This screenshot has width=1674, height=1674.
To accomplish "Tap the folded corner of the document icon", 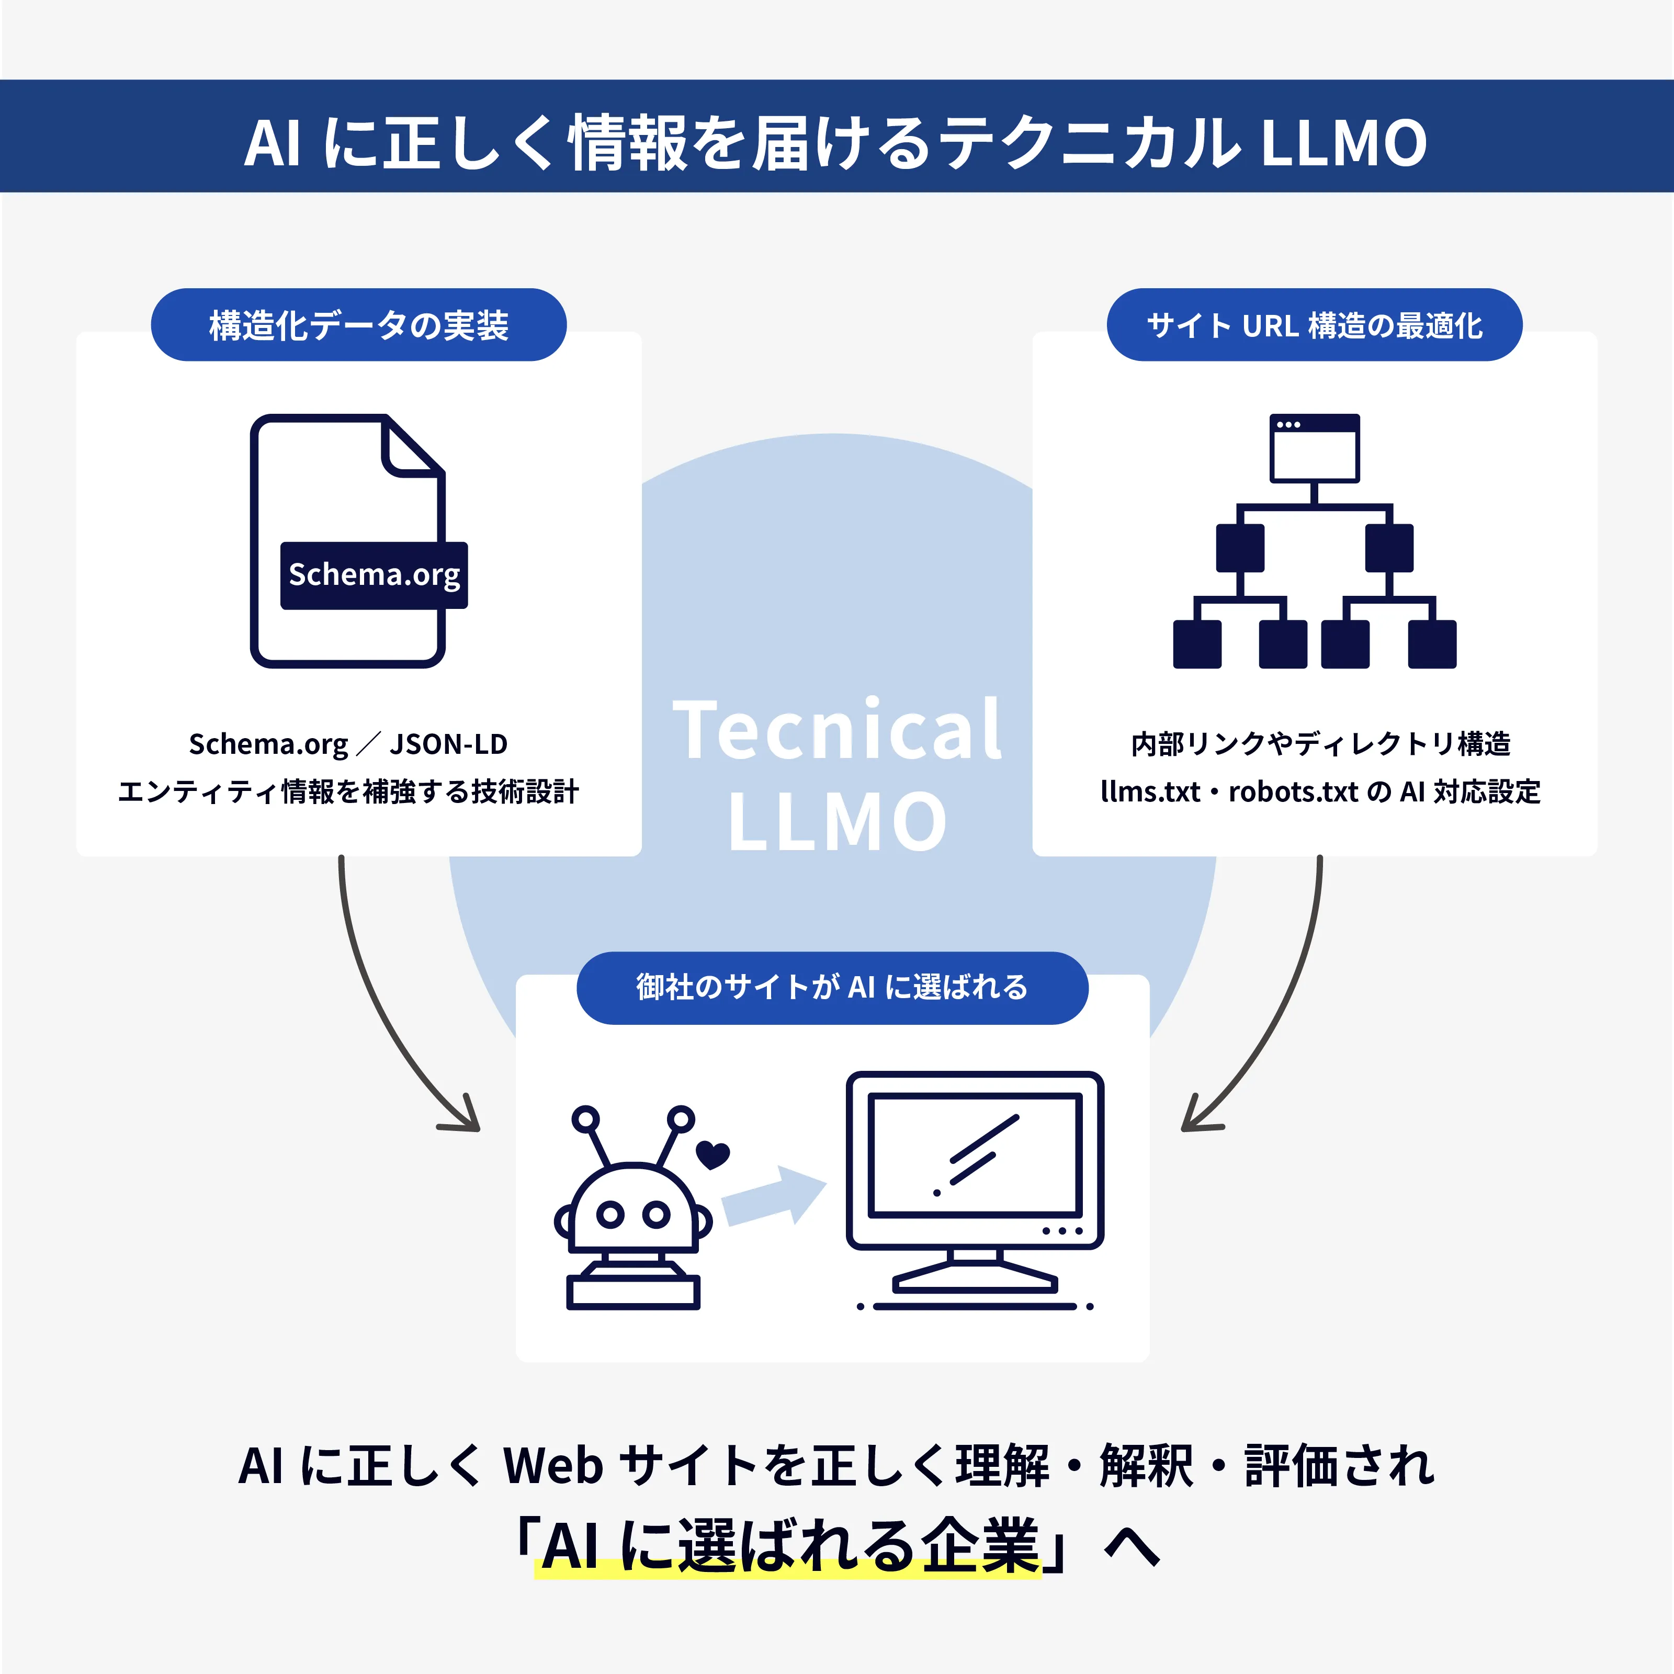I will (409, 449).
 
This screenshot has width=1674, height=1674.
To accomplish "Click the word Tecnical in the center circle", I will (837, 730).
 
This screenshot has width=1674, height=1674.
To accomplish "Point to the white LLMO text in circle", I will (837, 821).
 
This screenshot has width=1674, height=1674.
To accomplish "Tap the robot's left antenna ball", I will (586, 1118).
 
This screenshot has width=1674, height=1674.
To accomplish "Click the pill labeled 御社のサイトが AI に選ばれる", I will (832, 987).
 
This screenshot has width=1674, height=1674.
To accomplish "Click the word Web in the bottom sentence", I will (553, 1466).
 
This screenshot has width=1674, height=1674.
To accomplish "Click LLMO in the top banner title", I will (1342, 143).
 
